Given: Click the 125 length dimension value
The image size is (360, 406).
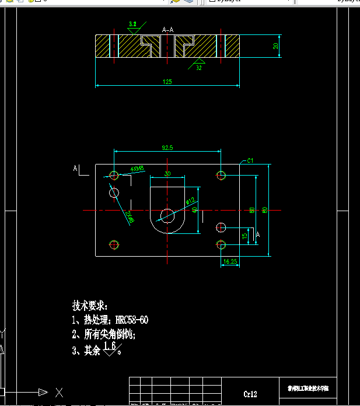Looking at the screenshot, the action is (167, 82).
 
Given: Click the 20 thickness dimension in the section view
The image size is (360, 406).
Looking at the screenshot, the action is (275, 46).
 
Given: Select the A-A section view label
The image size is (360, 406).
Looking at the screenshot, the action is (167, 29).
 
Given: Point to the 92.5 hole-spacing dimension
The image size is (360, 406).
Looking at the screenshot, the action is (167, 148).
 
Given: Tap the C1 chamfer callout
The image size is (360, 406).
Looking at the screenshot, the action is (250, 160).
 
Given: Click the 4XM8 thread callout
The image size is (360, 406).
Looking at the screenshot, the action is (138, 169).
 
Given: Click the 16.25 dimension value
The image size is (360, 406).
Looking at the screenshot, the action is (230, 262).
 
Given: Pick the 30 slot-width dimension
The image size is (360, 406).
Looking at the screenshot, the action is (167, 174).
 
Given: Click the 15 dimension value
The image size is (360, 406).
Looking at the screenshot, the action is (244, 236).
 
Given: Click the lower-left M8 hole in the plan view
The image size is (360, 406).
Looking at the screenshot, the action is (114, 244).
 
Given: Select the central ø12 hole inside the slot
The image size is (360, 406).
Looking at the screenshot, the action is (167, 215).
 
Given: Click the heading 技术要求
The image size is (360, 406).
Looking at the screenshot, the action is (90, 305).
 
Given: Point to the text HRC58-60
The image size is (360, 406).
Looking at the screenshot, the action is (132, 320).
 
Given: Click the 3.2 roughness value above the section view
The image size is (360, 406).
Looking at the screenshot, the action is (133, 24).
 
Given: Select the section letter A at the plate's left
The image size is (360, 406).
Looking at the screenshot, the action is (75, 169).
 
